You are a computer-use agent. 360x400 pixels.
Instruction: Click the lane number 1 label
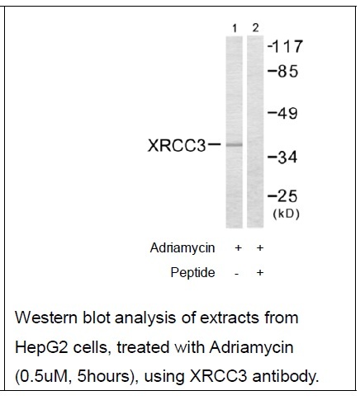234,28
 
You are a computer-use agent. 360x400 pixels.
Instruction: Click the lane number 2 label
256,28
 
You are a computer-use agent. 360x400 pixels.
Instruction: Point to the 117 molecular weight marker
285,46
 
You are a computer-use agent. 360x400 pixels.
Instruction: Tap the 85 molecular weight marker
283,71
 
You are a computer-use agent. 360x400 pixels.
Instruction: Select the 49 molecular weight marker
283,113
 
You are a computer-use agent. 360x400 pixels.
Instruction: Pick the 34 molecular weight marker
282,158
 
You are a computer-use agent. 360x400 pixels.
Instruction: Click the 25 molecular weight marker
282,196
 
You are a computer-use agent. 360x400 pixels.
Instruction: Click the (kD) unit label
286,214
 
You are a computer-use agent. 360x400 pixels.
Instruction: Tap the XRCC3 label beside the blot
177,145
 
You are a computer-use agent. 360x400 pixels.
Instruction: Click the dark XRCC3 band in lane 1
234,144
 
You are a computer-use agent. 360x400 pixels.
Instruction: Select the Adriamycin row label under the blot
182,247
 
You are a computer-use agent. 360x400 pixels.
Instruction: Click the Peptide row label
192,272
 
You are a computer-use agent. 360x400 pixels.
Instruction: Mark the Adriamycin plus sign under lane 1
239,248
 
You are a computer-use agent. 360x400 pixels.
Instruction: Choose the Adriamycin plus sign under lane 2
260,248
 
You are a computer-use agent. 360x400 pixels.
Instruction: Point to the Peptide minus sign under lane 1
236,274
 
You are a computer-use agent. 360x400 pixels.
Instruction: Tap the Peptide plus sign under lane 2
260,272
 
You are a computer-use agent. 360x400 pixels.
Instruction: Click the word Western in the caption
46,318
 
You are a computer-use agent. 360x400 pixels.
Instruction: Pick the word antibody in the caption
286,377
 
